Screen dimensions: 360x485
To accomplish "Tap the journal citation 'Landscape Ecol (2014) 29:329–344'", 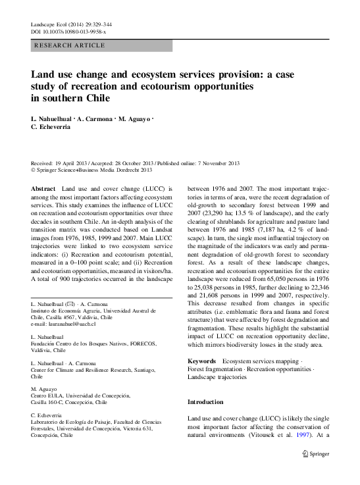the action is coord(75,23).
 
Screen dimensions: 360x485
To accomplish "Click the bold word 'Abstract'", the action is coord(43,188).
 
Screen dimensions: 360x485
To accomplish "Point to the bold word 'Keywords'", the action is coord(201,361).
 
